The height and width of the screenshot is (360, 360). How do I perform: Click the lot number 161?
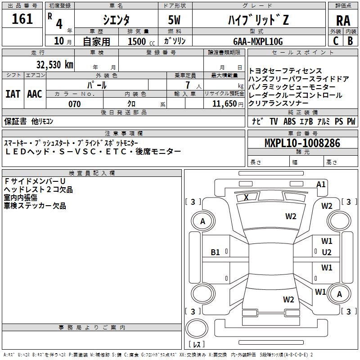23,19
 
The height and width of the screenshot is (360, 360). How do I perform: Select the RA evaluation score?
343,20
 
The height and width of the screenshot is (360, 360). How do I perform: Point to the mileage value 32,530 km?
55,64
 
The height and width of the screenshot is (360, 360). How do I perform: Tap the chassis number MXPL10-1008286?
302,143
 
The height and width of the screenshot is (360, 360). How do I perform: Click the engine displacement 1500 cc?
138,41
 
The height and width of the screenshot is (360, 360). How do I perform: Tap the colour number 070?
74,104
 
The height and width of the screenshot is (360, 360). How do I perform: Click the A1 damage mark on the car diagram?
321,184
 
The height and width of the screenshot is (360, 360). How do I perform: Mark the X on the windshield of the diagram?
246,197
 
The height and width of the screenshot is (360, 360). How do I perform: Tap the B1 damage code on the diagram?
216,252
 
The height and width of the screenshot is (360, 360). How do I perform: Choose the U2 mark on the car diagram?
327,252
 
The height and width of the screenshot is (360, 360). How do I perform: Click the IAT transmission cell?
13,94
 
